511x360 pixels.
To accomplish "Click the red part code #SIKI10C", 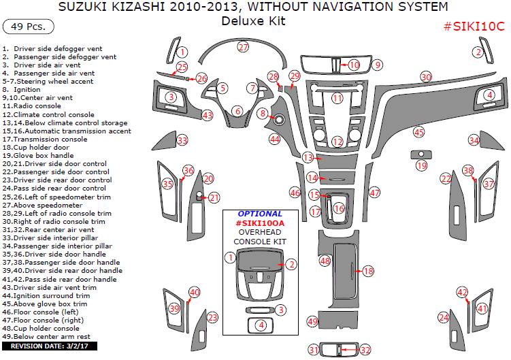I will point(474,27).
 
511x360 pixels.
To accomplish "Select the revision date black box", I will point(50,346).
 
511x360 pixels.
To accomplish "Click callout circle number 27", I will point(244,48).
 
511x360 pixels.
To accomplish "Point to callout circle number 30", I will point(426,77).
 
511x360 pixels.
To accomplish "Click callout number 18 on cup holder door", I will point(368,271).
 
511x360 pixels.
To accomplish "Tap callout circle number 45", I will point(418,132).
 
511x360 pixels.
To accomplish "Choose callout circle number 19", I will point(421,165).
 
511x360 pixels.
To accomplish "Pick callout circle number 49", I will point(312,321).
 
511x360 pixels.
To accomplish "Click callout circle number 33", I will point(182,140).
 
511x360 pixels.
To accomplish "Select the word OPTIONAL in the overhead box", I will point(260,214).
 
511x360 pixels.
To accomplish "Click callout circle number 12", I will point(337,142).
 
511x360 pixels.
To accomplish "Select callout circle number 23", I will point(212,317).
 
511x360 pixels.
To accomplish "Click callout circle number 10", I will point(354,65).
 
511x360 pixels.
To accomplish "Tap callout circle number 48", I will point(325,261).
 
